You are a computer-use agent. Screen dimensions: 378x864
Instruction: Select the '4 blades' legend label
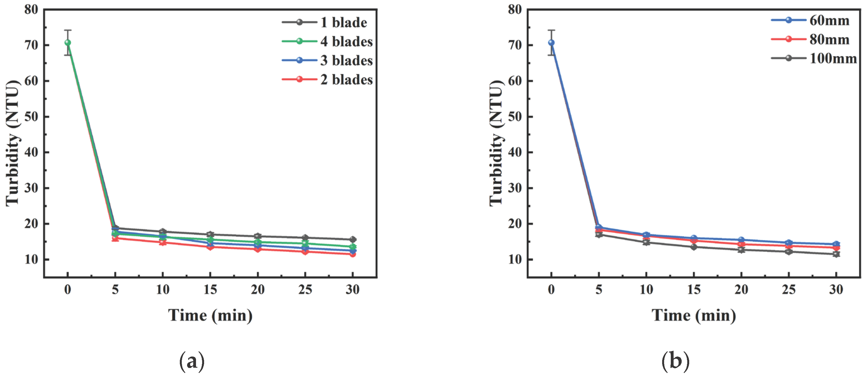coord(346,42)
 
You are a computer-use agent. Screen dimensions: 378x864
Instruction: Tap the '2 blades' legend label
coord(346,80)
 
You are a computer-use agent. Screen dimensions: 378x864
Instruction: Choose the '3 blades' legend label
coord(346,61)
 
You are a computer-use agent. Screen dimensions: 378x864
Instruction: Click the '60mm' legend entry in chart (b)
coord(829,20)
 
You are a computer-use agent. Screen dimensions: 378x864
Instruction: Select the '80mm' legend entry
coord(829,40)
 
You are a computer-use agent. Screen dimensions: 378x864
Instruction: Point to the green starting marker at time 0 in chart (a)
coord(68,43)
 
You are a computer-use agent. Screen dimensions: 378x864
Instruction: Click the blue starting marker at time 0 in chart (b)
coord(551,43)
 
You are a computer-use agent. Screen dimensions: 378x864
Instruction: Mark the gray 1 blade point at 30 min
coord(352,239)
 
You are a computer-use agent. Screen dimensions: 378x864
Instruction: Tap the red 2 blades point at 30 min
coord(352,254)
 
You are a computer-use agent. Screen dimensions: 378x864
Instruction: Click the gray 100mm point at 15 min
coord(694,247)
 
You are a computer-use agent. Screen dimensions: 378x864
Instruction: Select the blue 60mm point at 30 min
coord(836,244)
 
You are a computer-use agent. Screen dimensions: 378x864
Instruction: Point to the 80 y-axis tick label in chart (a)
coord(31,9)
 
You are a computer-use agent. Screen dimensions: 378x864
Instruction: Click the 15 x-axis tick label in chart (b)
coord(694,289)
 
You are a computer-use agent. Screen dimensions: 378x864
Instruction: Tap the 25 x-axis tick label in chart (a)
coord(305,289)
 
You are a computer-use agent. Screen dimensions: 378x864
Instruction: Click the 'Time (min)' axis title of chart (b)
coord(694,315)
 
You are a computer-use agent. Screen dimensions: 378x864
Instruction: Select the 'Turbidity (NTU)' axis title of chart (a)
coord(13,143)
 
